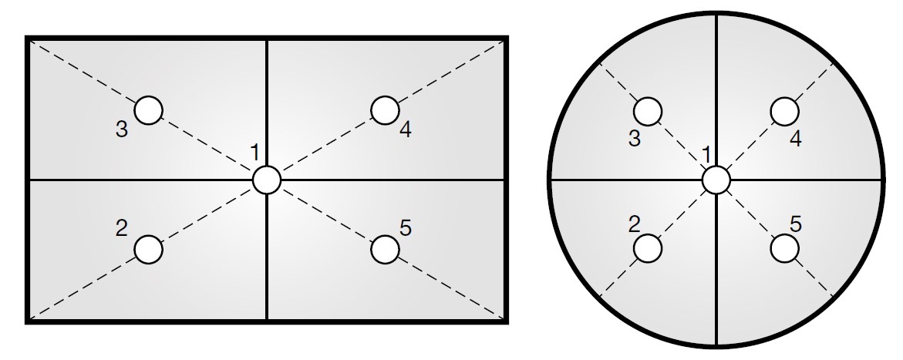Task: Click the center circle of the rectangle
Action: point(267,180)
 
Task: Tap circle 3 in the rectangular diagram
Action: point(149,110)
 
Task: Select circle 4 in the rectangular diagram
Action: point(385,110)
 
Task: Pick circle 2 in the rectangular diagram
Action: point(149,249)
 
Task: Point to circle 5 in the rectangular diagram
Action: point(385,249)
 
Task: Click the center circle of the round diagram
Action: point(716,180)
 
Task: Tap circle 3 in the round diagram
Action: point(649,111)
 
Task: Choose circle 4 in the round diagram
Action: point(785,111)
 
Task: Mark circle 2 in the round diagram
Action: point(649,248)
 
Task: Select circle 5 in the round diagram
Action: point(785,248)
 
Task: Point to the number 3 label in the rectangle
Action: point(122,130)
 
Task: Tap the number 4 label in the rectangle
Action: point(406,130)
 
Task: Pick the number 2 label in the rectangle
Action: point(121,228)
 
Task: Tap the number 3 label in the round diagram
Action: point(634,139)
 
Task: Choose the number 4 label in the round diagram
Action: point(796,139)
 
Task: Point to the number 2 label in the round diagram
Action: point(634,224)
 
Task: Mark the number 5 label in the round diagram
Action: point(796,224)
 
